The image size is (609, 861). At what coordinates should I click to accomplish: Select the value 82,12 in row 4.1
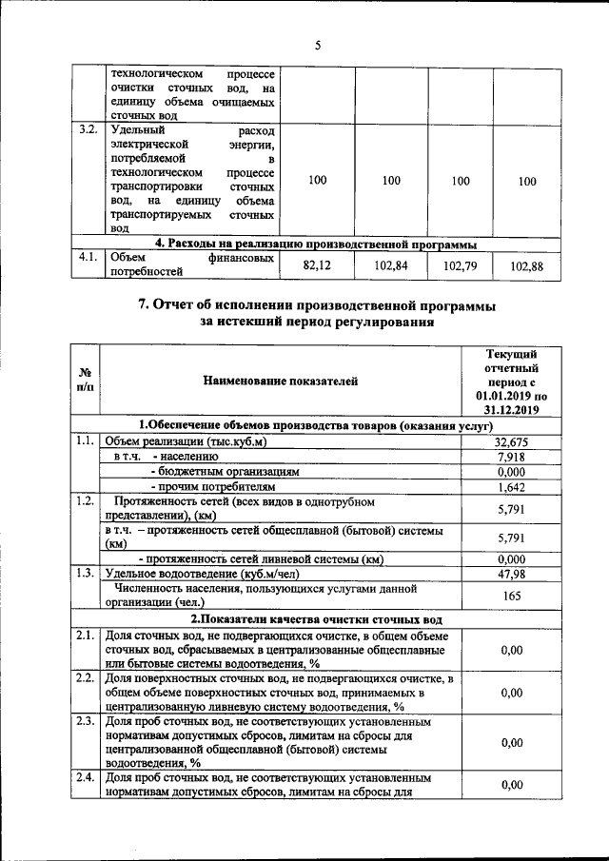316,266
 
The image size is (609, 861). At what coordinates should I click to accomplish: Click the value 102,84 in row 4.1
390,266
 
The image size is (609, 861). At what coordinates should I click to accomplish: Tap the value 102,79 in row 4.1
460,266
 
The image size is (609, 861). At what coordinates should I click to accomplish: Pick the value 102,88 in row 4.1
526,266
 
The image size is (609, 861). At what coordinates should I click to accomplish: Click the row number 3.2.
88,129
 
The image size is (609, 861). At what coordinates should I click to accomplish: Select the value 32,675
512,442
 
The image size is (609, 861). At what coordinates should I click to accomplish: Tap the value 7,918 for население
512,457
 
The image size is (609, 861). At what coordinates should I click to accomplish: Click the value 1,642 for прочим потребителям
512,487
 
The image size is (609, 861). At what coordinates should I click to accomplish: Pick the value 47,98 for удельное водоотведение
512,574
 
